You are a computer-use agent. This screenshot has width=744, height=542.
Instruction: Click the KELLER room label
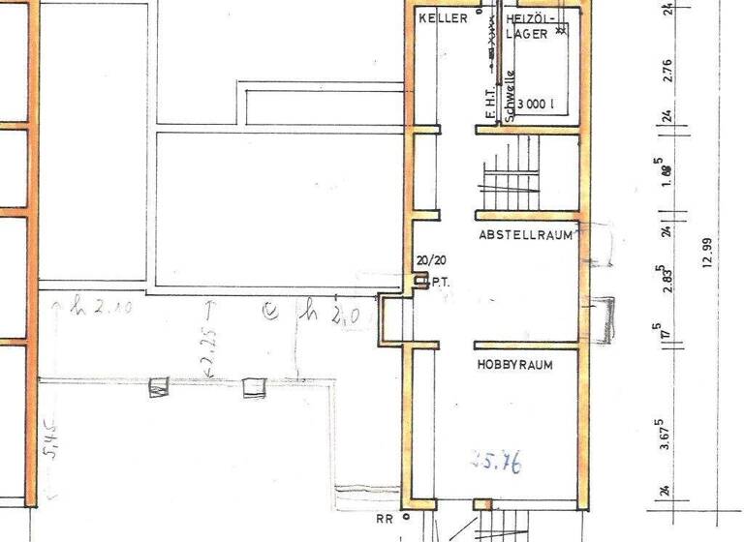(443, 18)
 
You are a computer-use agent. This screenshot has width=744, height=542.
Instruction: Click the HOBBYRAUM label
(514, 366)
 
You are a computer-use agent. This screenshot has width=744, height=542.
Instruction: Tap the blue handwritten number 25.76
(495, 464)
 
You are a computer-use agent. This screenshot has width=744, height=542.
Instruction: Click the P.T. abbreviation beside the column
(438, 283)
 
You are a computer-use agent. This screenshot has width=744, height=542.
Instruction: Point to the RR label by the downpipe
(385, 519)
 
